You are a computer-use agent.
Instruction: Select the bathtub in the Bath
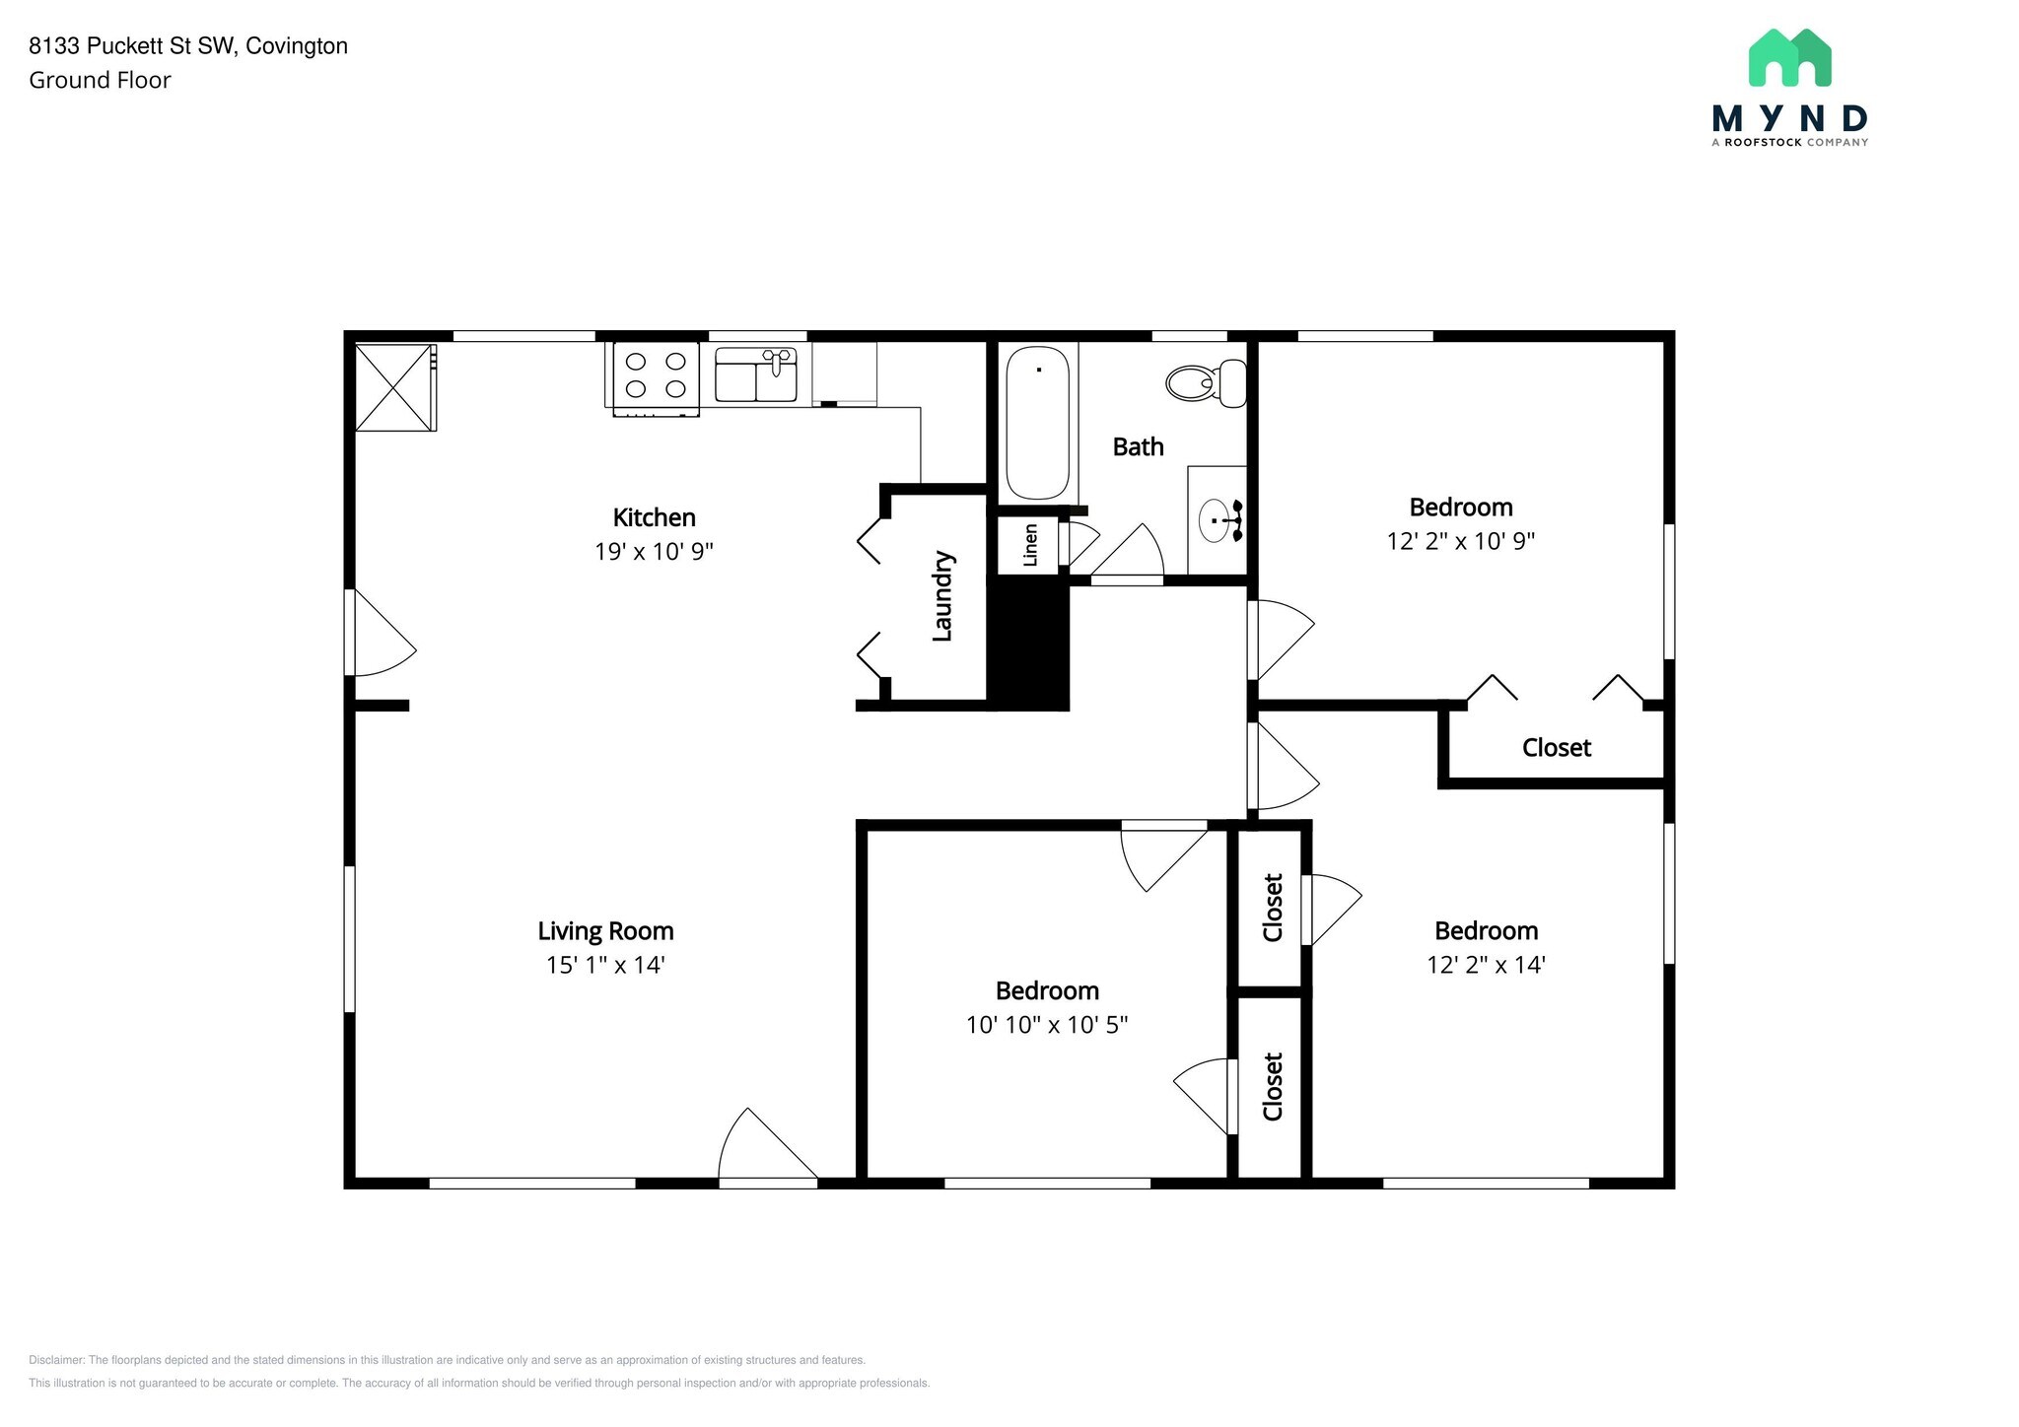1037,423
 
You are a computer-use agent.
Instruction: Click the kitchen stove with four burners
657,377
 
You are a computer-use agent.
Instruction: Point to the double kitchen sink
756,374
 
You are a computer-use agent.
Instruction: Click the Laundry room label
942,596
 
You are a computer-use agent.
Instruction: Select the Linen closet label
1031,545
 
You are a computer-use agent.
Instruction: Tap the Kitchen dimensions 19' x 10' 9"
654,551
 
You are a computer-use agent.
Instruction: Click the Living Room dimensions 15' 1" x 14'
605,965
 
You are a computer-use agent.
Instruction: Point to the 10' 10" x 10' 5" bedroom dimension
1047,1025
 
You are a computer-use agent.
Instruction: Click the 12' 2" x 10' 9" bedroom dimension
1461,541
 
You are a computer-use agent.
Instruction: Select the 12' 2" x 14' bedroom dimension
1486,965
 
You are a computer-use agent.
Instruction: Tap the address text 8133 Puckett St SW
132,46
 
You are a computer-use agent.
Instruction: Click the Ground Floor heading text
100,81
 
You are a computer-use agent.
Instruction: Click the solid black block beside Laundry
1029,644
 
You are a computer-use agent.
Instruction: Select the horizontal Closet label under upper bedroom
1557,748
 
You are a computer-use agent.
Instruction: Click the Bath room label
1138,447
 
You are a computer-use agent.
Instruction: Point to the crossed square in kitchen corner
394,386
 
